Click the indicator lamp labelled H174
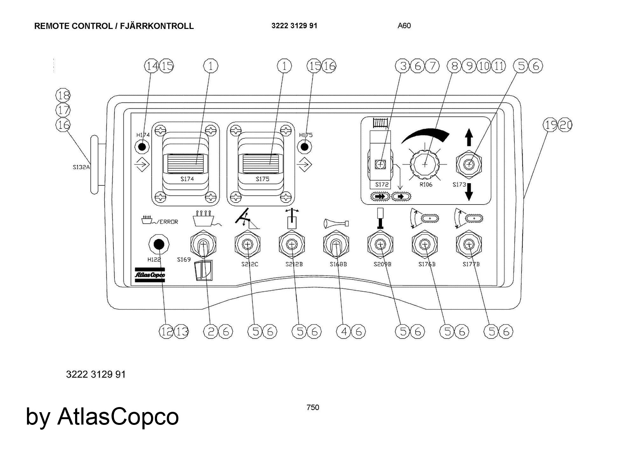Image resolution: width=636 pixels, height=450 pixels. pos(142,147)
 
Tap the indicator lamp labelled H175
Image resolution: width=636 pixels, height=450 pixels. pos(304,147)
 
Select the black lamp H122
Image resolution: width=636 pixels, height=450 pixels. pos(159,244)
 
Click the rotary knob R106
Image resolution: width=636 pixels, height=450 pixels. pos(425,164)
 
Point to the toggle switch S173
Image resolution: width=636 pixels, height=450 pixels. pos(469,164)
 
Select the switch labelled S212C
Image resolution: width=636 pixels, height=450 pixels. pos(247,244)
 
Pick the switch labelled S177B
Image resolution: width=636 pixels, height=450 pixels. pos(468,244)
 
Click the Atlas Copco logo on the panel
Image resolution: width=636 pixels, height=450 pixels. pos(150,275)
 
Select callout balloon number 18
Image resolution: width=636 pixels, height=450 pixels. pos(63,95)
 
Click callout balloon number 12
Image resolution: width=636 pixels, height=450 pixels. pos(166,332)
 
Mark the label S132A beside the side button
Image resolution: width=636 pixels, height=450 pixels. pos(81,167)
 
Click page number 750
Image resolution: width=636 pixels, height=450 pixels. pos(313,407)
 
